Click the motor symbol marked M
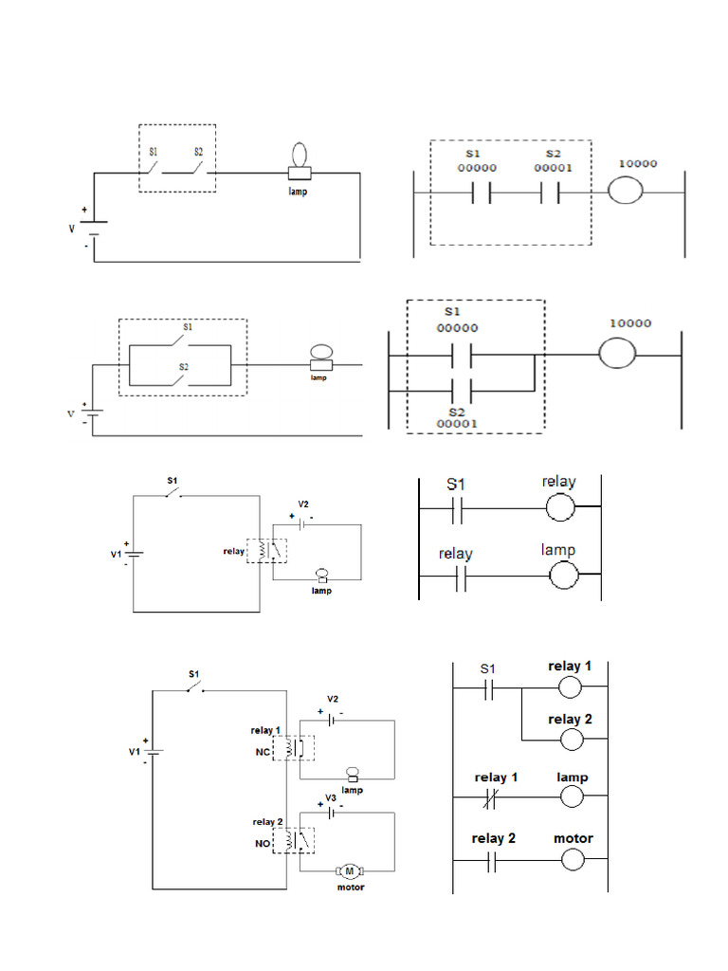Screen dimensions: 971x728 point(348,870)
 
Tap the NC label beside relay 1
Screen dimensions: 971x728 point(263,751)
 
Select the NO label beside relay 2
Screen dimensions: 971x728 point(263,841)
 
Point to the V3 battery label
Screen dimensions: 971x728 point(331,797)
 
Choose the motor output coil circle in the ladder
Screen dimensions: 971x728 point(572,860)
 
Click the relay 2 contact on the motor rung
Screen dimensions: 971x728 point(491,860)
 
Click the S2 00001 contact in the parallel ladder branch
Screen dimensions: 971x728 point(462,390)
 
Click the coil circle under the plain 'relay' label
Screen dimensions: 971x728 point(561,509)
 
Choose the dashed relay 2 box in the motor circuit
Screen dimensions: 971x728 point(294,838)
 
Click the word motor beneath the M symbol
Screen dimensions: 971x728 point(351,888)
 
